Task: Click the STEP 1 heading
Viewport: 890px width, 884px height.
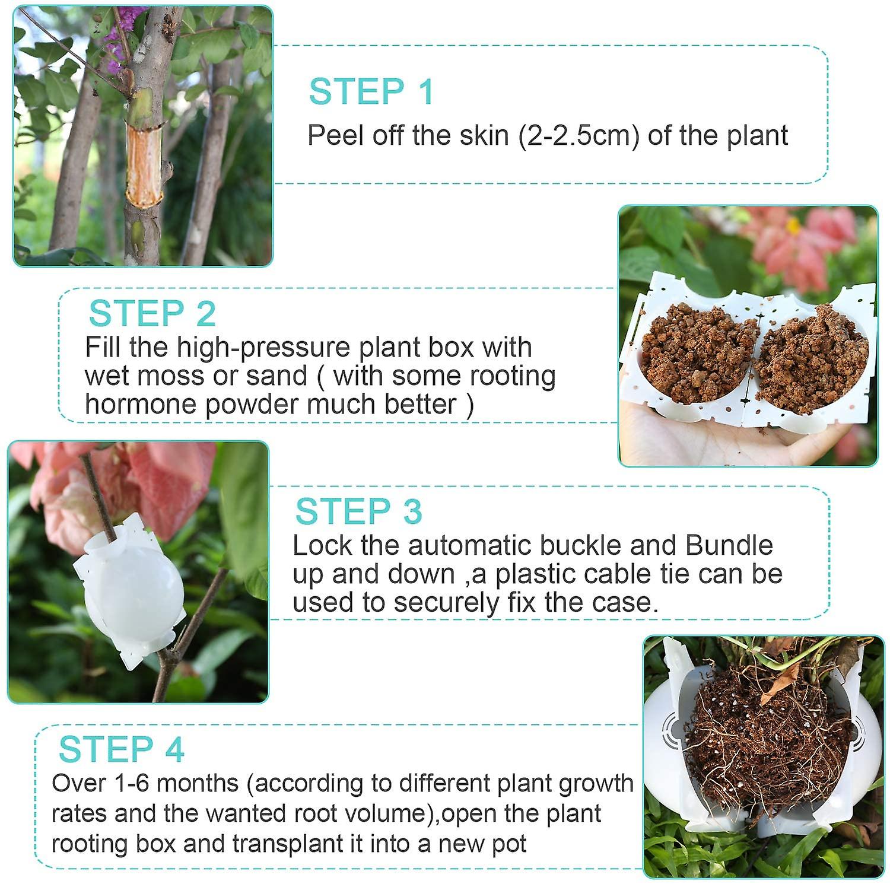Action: click(371, 92)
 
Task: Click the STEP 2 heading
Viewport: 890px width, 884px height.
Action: click(152, 313)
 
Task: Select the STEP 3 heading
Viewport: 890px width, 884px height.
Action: click(358, 511)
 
